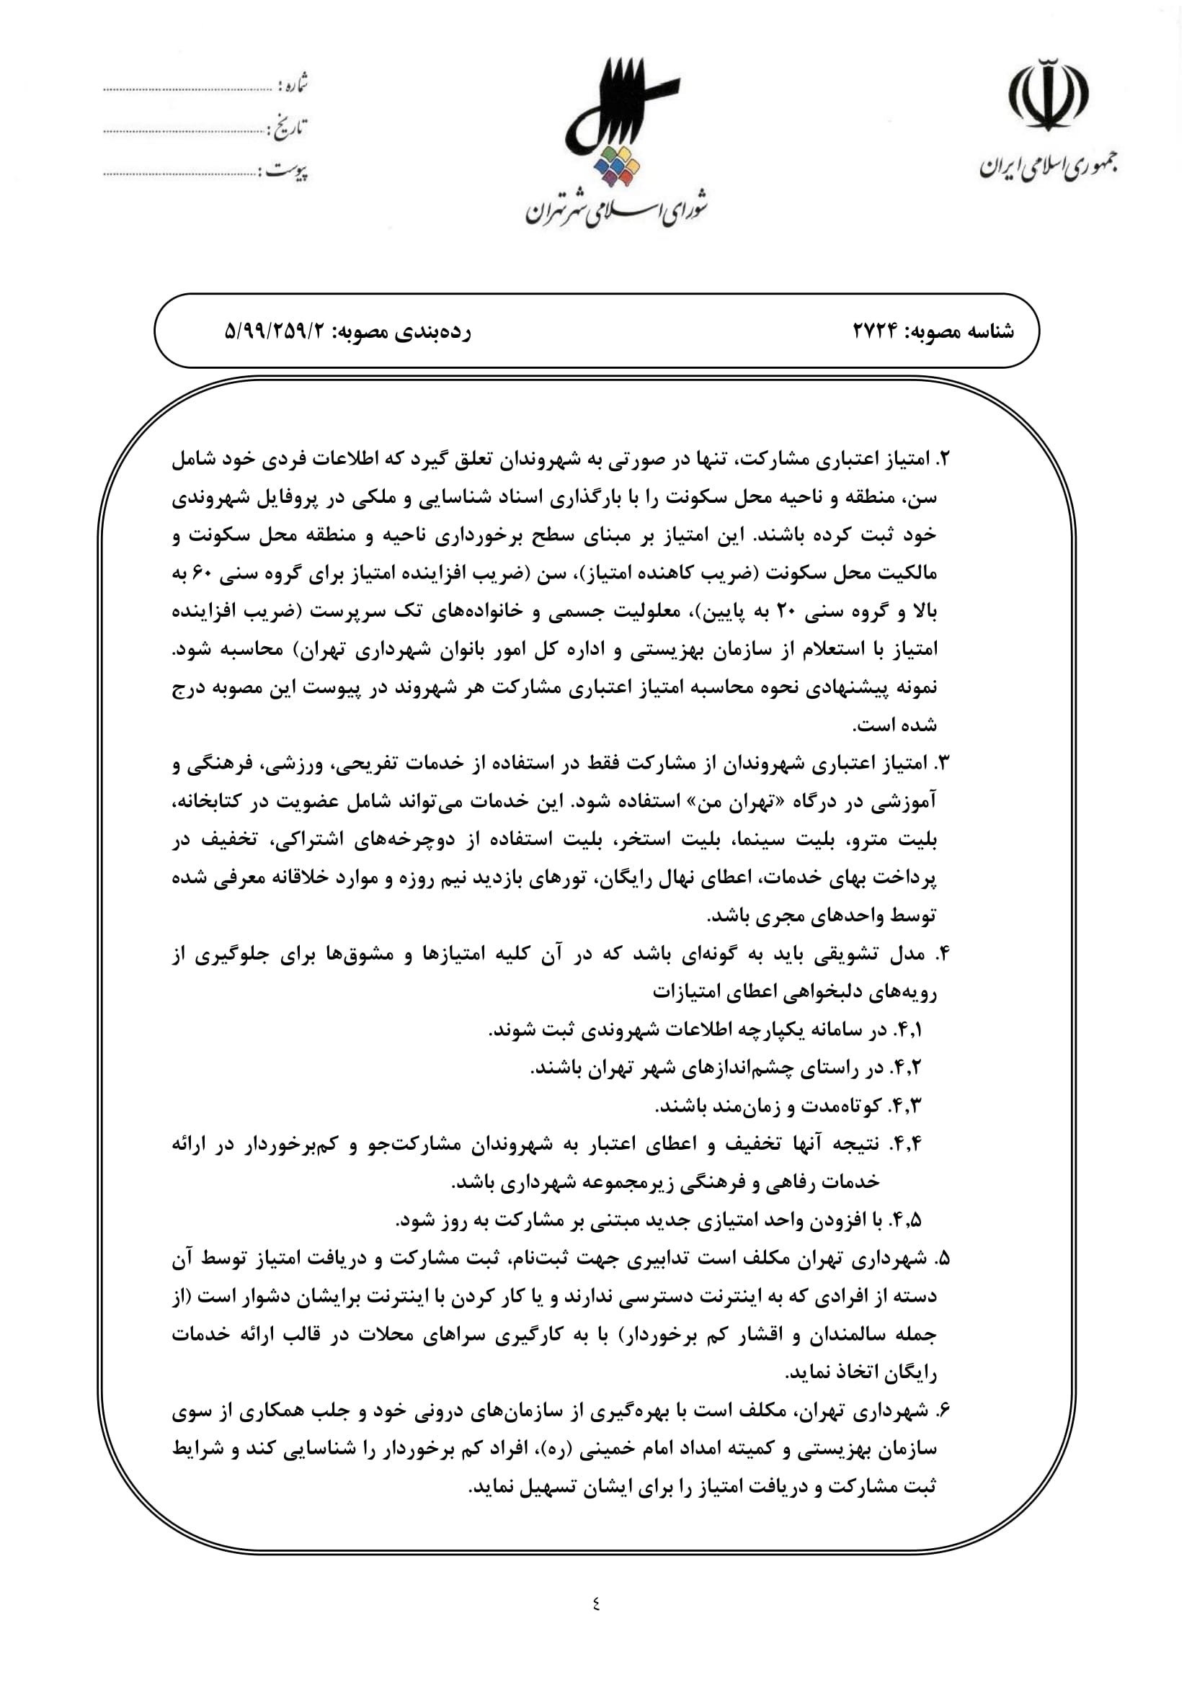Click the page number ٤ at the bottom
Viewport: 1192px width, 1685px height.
[595, 1604]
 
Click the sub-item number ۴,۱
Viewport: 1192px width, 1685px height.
[907, 1029]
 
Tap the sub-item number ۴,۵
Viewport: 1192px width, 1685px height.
[905, 1220]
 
